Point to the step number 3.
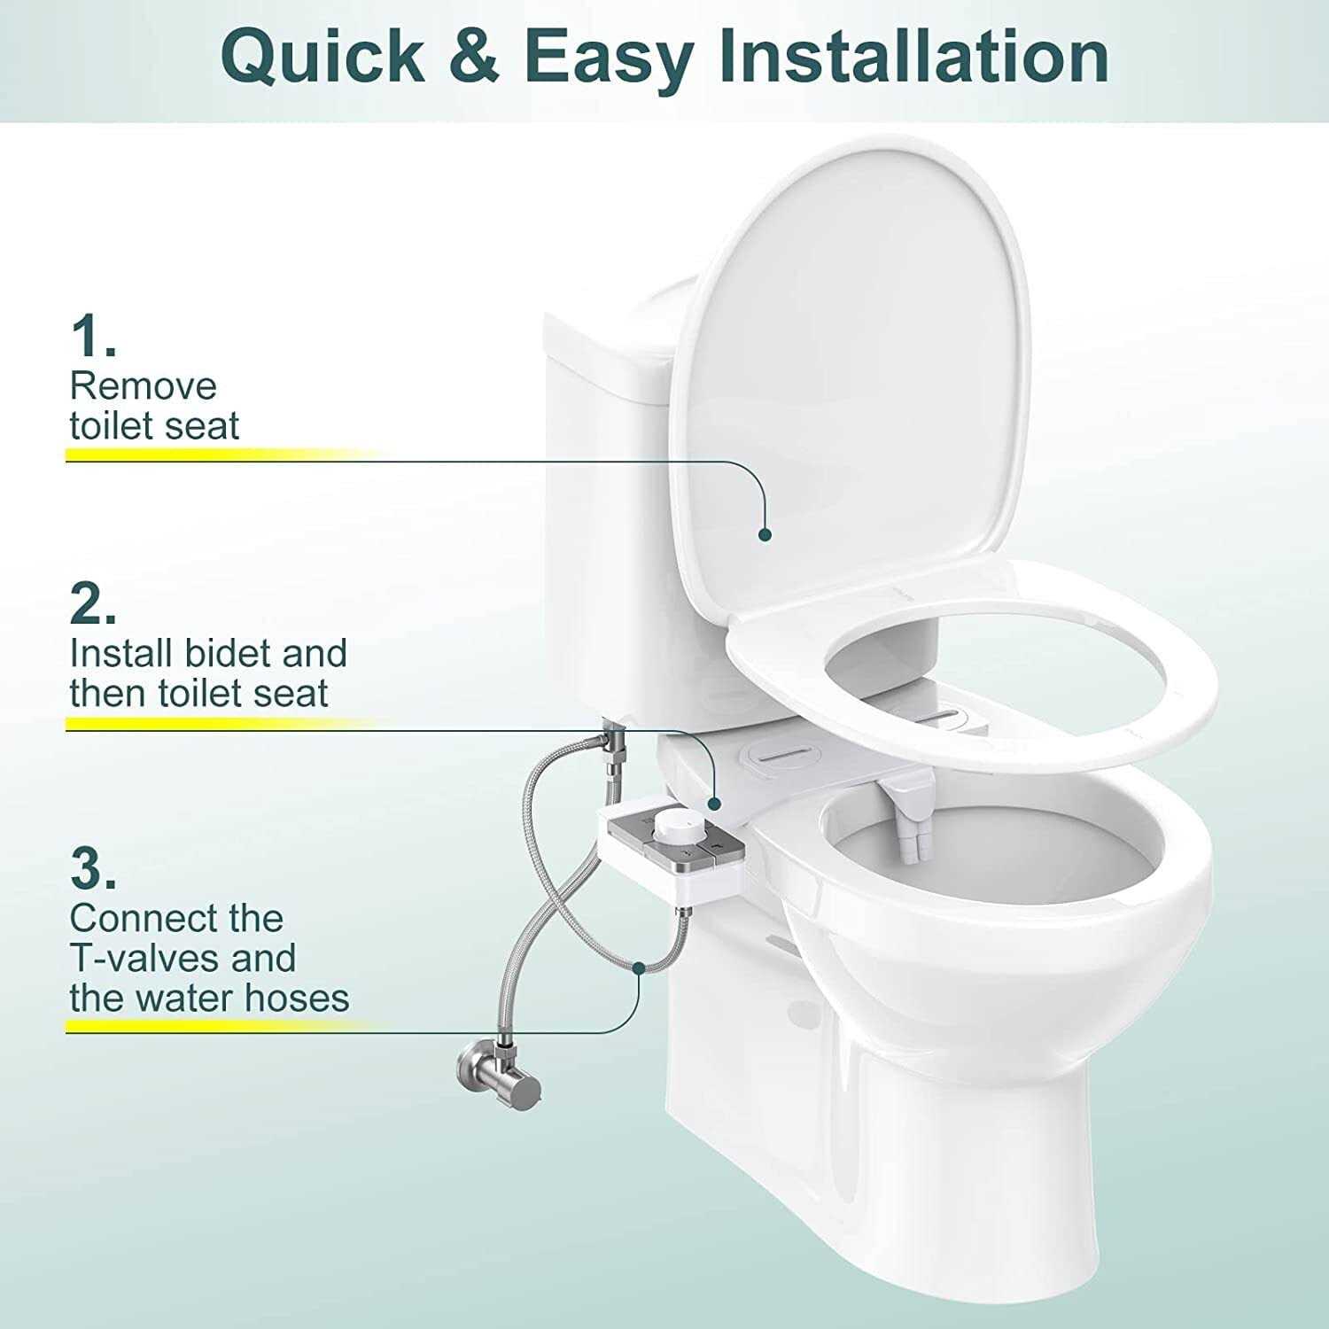(92, 870)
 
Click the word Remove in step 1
(143, 386)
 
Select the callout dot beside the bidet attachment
(715, 803)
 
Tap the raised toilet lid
(851, 372)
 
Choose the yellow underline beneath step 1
(221, 455)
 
